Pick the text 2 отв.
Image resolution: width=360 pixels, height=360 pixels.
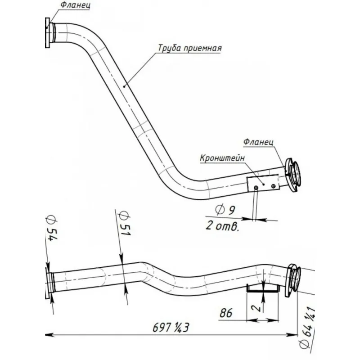pyautogui.click(x=221, y=225)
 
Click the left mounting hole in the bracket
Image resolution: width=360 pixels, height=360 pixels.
pyautogui.click(x=256, y=187)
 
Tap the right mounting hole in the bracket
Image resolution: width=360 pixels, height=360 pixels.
pyautogui.click(x=273, y=185)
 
